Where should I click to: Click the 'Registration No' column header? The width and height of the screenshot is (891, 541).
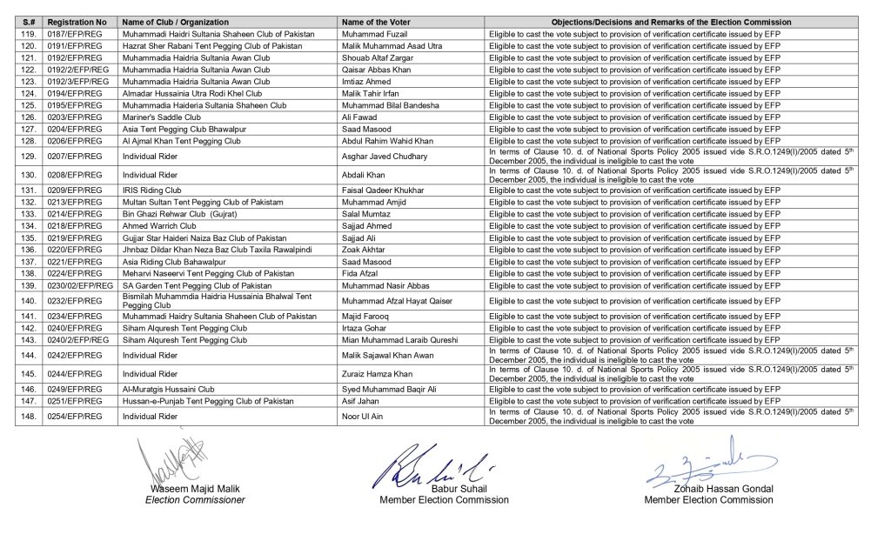pos(77,22)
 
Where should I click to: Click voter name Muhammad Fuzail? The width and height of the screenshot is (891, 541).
pos(372,33)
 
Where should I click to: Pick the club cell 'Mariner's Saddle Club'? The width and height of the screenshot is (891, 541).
pos(162,117)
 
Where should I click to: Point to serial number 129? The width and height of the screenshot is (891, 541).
pos(29,156)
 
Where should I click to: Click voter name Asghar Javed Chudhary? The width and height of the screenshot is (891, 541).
pos(385,156)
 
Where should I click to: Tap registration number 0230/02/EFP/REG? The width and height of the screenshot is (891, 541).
pos(79,285)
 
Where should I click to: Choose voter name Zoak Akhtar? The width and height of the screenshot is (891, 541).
pos(365,249)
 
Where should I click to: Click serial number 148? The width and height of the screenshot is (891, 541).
pos(29,417)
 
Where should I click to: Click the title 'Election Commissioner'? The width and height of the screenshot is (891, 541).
pos(195,500)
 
